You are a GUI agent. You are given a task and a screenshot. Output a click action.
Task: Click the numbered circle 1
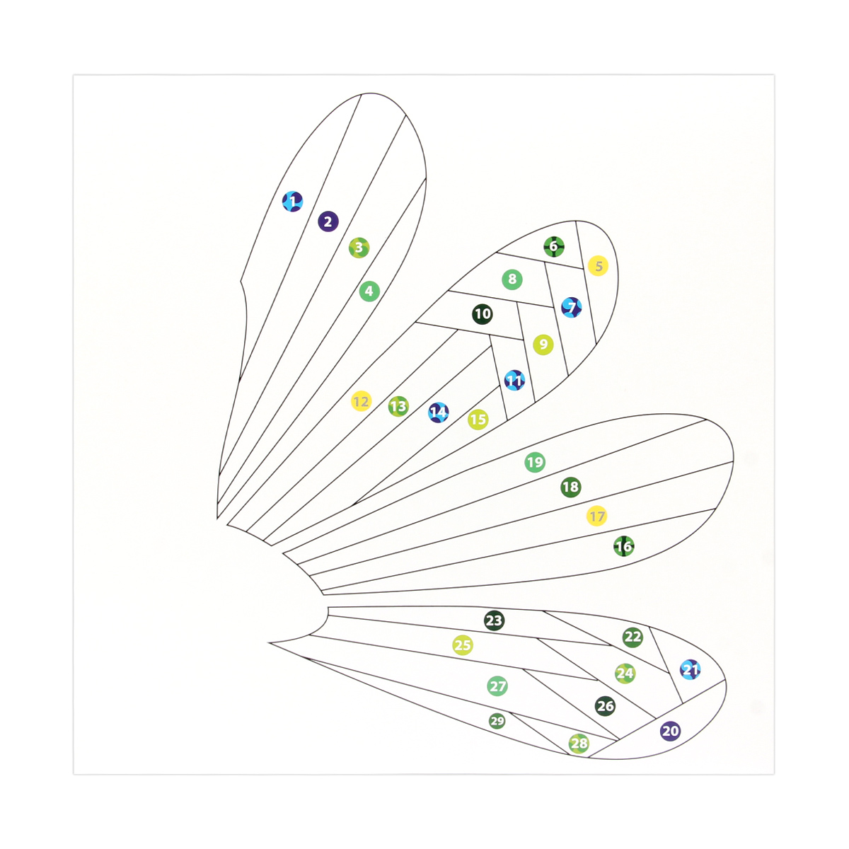292,202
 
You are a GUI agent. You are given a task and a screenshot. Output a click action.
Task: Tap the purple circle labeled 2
328,221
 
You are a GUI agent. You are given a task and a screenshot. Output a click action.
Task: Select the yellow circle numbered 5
599,266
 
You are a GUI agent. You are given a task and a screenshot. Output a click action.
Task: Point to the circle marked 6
554,246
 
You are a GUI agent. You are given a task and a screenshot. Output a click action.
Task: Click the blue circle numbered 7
572,307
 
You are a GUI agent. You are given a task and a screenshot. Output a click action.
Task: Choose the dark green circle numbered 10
483,314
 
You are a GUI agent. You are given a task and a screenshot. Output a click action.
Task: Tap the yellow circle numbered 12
362,401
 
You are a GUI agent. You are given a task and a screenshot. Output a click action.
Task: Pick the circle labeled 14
439,412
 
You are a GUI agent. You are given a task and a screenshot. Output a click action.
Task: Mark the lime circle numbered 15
478,420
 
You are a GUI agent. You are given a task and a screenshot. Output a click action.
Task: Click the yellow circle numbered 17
597,516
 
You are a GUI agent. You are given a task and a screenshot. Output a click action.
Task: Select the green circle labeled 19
536,462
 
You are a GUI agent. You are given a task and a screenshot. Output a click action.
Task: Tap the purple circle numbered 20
671,731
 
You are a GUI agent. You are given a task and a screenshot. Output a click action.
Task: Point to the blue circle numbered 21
691,670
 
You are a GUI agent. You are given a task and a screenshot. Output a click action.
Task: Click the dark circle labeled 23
494,620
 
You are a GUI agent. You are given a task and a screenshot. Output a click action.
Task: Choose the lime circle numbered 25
463,645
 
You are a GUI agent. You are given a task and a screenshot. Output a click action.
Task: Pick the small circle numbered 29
497,721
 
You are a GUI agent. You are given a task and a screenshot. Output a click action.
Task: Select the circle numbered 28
579,744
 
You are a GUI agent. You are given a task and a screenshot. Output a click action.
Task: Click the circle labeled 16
624,546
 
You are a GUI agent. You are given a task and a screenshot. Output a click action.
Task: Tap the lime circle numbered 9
543,345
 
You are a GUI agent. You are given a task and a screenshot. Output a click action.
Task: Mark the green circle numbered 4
369,291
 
